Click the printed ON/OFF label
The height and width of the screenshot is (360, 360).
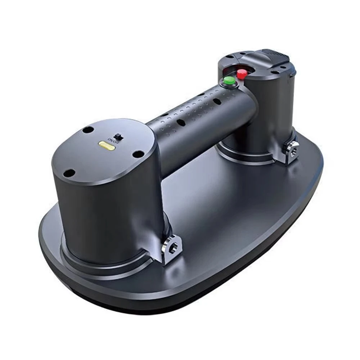[113, 140]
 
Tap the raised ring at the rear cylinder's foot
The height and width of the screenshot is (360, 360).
[248, 158]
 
